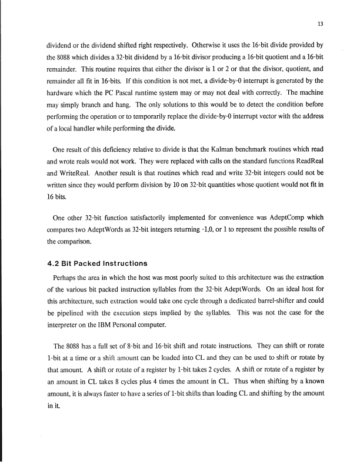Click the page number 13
[321, 24]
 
